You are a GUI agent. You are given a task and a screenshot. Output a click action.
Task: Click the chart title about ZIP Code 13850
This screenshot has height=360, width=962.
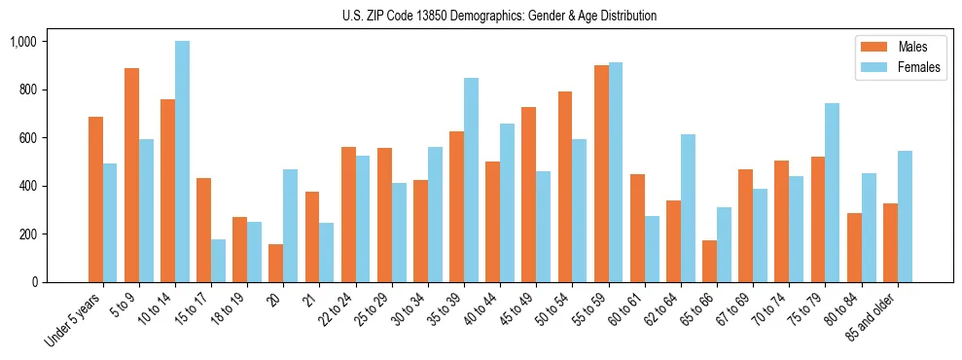pos(499,16)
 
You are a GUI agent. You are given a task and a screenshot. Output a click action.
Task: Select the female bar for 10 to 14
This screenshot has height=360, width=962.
pos(182,162)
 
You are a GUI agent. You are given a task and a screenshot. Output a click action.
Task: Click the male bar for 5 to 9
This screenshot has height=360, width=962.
pos(131,175)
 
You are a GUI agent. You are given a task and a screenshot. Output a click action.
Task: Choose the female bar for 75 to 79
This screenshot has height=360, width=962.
pos(833,193)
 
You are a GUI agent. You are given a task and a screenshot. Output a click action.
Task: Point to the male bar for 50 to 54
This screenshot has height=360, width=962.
pos(565,187)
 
